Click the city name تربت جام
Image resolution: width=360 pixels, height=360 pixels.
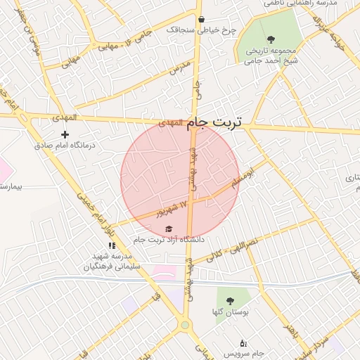pyautogui.click(x=199, y=122)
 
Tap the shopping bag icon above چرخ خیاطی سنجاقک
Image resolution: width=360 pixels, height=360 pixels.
pyautogui.click(x=202, y=20)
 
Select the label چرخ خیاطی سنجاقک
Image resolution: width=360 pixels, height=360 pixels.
pyautogui.click(x=202, y=30)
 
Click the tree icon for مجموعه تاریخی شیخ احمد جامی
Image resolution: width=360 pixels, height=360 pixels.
pyautogui.click(x=271, y=39)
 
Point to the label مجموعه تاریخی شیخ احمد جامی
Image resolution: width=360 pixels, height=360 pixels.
pyautogui.click(x=272, y=56)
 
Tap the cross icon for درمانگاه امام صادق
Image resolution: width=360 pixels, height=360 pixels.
pyautogui.click(x=65, y=134)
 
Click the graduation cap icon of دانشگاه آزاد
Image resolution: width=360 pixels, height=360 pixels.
pyautogui.click(x=168, y=229)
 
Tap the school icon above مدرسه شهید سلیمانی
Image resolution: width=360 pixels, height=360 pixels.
pyautogui.click(x=111, y=245)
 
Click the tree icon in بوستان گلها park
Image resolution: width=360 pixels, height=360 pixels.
pyautogui.click(x=232, y=298)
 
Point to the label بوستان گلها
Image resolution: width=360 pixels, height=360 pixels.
pyautogui.click(x=233, y=310)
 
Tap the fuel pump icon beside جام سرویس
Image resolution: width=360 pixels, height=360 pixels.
pyautogui.click(x=243, y=344)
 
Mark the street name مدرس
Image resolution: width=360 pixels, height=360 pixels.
pyautogui.click(x=179, y=69)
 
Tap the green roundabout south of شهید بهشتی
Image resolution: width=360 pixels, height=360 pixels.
pyautogui.click(x=185, y=325)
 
